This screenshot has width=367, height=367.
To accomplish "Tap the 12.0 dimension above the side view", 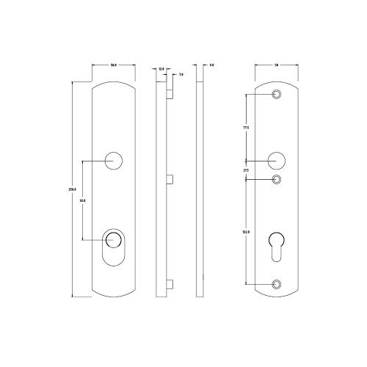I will click(161, 68).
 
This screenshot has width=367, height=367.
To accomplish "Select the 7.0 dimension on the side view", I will click(180, 75).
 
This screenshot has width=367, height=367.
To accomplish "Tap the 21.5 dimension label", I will click(246, 170).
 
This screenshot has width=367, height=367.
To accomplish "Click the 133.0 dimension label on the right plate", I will click(246, 232).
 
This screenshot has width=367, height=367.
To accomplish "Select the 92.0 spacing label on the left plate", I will click(83, 199).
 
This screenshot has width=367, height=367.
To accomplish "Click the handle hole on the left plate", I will click(114, 160).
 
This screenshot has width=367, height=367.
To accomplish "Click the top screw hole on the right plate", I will click(277, 95).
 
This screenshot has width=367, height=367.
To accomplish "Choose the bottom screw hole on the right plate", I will click(277, 283).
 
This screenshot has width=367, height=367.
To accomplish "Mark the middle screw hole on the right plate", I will click(277, 179).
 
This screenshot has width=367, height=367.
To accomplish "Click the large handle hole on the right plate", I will click(277, 160).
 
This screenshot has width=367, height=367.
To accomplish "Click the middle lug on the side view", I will click(170, 178).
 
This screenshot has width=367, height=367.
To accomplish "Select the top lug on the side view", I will click(170, 94).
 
